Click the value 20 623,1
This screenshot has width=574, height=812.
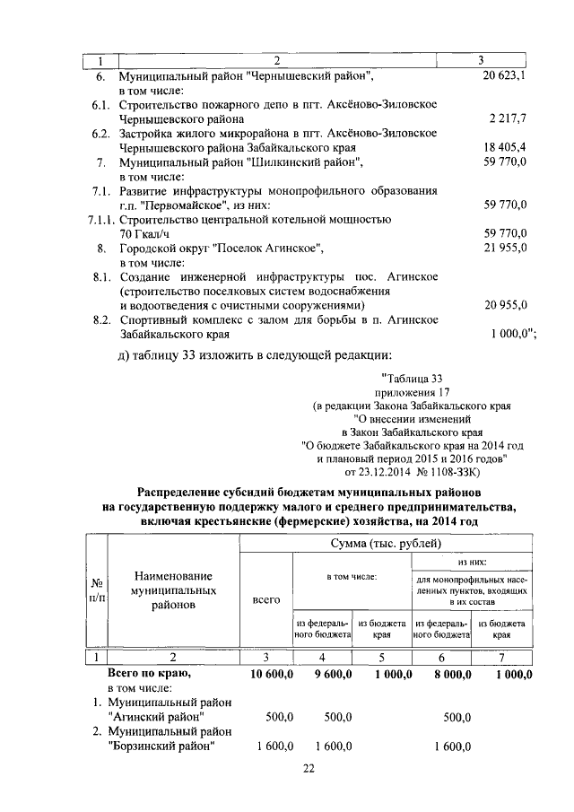point(503,77)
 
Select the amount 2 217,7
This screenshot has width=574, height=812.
point(508,118)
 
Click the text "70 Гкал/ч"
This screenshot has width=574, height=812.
point(148,233)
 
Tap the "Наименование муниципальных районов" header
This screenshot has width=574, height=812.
point(173,590)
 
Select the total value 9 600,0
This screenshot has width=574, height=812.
point(328,673)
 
